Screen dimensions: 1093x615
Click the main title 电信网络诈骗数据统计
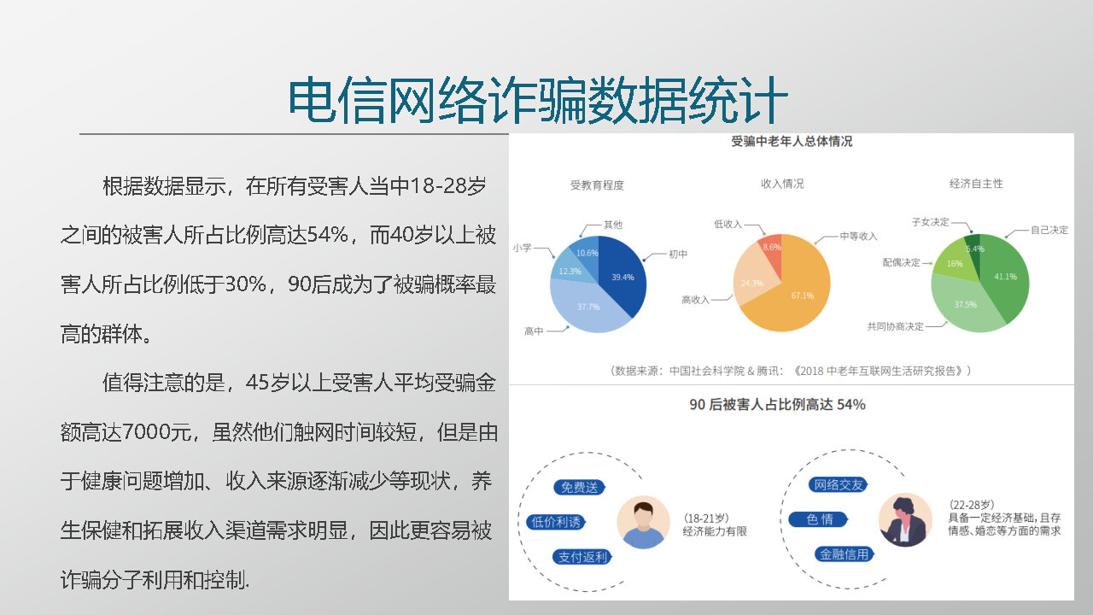[x=538, y=101]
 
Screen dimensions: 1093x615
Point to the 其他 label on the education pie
[x=613, y=225]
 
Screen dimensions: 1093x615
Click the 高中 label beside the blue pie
[x=534, y=331]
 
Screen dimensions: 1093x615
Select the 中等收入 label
[x=858, y=237]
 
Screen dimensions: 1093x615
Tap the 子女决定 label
[x=931, y=222]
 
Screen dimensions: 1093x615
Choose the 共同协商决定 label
[x=896, y=326]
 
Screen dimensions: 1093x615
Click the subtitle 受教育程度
[x=597, y=185]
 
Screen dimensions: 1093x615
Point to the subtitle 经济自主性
[x=976, y=184]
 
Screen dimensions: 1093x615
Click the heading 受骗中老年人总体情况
[x=792, y=142]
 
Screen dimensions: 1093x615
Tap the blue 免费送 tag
[x=579, y=487]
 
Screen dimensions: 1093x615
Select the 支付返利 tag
[x=582, y=557]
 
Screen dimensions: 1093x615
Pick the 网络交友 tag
[x=839, y=484]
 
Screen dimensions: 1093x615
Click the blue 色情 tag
[x=818, y=518]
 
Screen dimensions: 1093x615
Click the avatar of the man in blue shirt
[x=643, y=522]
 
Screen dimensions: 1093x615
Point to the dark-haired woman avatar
[x=905, y=520]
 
